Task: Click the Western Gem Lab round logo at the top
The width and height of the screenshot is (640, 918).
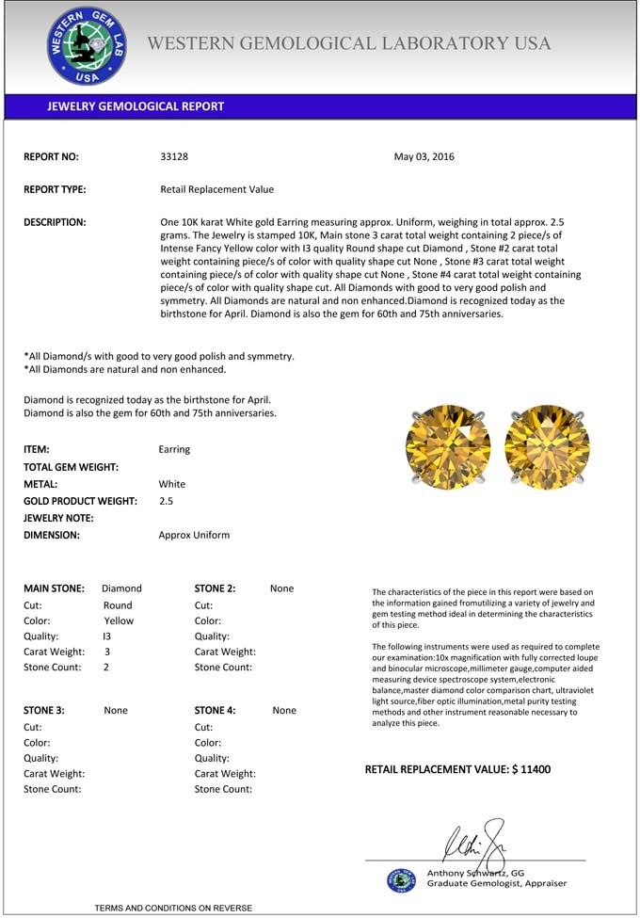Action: (87, 46)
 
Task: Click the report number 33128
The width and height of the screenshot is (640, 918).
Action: (174, 157)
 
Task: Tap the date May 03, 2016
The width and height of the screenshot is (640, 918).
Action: (424, 157)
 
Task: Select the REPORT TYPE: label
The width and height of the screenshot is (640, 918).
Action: (55, 189)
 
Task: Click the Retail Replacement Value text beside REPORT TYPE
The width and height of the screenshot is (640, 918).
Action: (217, 189)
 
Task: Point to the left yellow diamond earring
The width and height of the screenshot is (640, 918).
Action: (448, 446)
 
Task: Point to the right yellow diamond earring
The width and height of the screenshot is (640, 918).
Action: (547, 446)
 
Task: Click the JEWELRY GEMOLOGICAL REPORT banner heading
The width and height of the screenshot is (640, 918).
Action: (136, 106)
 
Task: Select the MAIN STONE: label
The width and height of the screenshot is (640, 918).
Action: (54, 588)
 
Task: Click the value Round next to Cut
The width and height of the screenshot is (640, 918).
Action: (118, 605)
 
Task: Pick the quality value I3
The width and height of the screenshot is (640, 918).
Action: (106, 636)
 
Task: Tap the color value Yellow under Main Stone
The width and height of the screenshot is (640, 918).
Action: (119, 621)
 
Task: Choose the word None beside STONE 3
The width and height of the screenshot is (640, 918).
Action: (116, 711)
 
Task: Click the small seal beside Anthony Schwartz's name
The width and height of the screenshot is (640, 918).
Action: (401, 880)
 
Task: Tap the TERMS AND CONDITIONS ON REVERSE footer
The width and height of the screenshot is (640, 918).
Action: (173, 908)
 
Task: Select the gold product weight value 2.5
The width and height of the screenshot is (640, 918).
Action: (166, 502)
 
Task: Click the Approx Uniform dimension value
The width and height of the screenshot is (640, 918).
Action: (194, 535)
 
